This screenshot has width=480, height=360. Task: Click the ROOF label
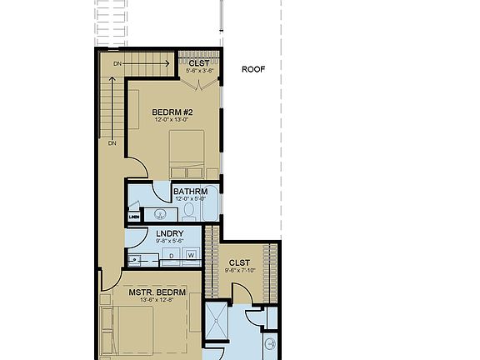[x=252, y=70]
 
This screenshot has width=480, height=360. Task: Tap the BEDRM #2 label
[x=173, y=112]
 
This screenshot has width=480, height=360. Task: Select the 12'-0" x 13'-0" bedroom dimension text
[x=173, y=120]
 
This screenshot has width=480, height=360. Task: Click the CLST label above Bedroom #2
[x=198, y=63]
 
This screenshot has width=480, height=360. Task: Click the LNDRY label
[x=169, y=234]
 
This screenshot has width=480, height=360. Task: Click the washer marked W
[x=191, y=254]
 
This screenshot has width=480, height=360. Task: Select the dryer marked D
[x=171, y=254]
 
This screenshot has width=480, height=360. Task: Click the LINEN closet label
[x=133, y=217]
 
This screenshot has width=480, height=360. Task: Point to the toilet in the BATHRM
[x=189, y=212]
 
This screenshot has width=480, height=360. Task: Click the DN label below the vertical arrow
[x=112, y=143]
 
